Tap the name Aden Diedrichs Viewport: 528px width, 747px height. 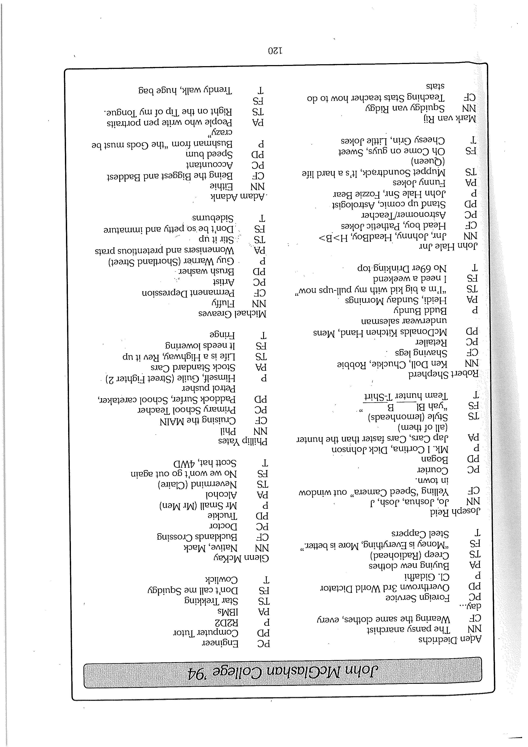pos(449,640)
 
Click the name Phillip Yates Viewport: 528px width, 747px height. pos(243,442)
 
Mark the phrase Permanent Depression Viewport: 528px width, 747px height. pos(188,293)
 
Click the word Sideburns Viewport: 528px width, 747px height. pos(213,218)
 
